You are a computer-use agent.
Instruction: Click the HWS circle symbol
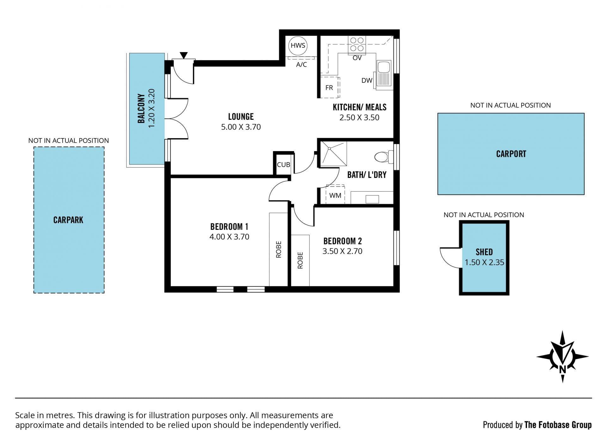coord(298,46)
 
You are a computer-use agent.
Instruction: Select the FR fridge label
coord(329,88)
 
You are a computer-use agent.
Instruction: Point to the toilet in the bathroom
coord(383,157)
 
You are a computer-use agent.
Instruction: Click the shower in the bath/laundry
coord(334,154)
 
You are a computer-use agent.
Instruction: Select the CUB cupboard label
coord(284,165)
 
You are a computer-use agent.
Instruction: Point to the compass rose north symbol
coord(562,357)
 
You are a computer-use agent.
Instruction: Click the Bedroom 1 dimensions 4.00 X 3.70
coord(229,237)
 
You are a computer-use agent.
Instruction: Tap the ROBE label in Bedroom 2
coord(300,260)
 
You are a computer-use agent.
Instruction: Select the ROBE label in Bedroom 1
coord(279,250)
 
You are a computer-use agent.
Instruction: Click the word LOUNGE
coord(241,117)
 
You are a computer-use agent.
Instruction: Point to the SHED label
coord(484,252)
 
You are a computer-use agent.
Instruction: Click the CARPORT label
coord(511,154)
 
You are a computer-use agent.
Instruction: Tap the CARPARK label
coord(68,220)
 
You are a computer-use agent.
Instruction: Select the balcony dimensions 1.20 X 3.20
coord(152,108)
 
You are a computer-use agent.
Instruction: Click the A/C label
coord(301,65)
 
